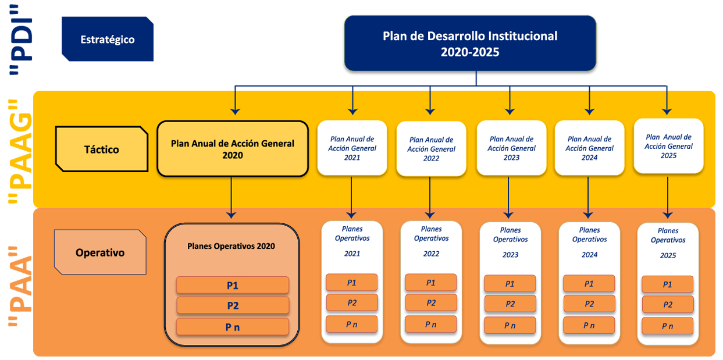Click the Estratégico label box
click(108, 39)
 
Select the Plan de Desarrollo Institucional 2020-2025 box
click(470, 43)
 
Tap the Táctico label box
click(102, 149)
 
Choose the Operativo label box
click(100, 252)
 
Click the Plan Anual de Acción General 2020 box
click(233, 149)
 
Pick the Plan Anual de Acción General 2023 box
click(511, 148)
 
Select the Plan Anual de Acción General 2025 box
click(668, 146)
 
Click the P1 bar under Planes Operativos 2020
click(233, 285)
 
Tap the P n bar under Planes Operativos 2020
click(233, 327)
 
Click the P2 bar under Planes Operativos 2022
click(431, 303)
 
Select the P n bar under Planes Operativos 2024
click(589, 325)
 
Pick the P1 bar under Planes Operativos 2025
click(668, 284)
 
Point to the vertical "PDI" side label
click(20, 40)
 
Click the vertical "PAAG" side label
click(20, 151)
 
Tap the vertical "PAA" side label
click(20, 287)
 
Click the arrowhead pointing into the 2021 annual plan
click(352, 112)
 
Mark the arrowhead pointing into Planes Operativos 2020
click(231, 215)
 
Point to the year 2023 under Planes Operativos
click(510, 255)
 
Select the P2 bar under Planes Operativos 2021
click(352, 303)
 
